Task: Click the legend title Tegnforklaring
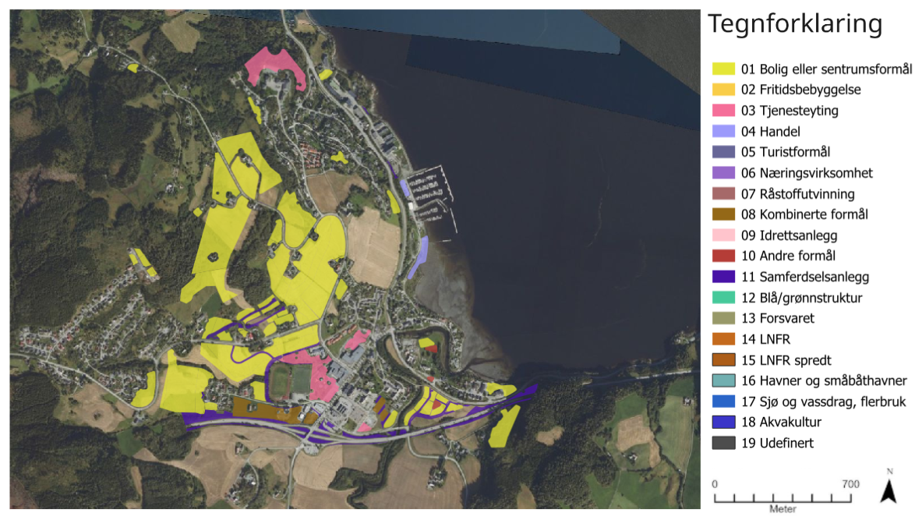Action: [794, 25]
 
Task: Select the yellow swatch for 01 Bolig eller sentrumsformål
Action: [724, 69]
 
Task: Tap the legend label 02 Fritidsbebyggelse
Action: [800, 90]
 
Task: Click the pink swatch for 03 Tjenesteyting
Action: [724, 111]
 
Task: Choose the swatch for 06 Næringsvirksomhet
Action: [724, 173]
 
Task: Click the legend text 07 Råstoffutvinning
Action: [797, 193]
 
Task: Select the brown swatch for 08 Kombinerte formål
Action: [724, 214]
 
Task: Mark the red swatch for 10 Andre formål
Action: [724, 256]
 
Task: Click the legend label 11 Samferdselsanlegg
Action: [804, 277]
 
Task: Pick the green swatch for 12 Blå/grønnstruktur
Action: [724, 297]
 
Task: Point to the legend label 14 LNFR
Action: [766, 339]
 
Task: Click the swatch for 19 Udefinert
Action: [724, 443]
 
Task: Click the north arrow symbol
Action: [888, 491]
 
